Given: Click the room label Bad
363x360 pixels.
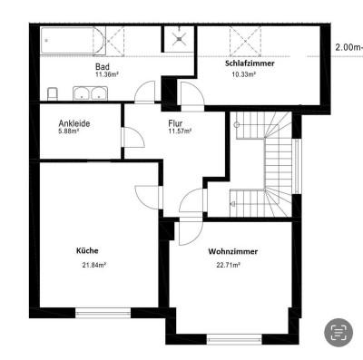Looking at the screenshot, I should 103,67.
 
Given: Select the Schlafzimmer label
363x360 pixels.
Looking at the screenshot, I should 250,63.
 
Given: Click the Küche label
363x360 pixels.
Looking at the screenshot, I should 88,250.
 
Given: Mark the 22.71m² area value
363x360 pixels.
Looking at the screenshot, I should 229,266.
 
